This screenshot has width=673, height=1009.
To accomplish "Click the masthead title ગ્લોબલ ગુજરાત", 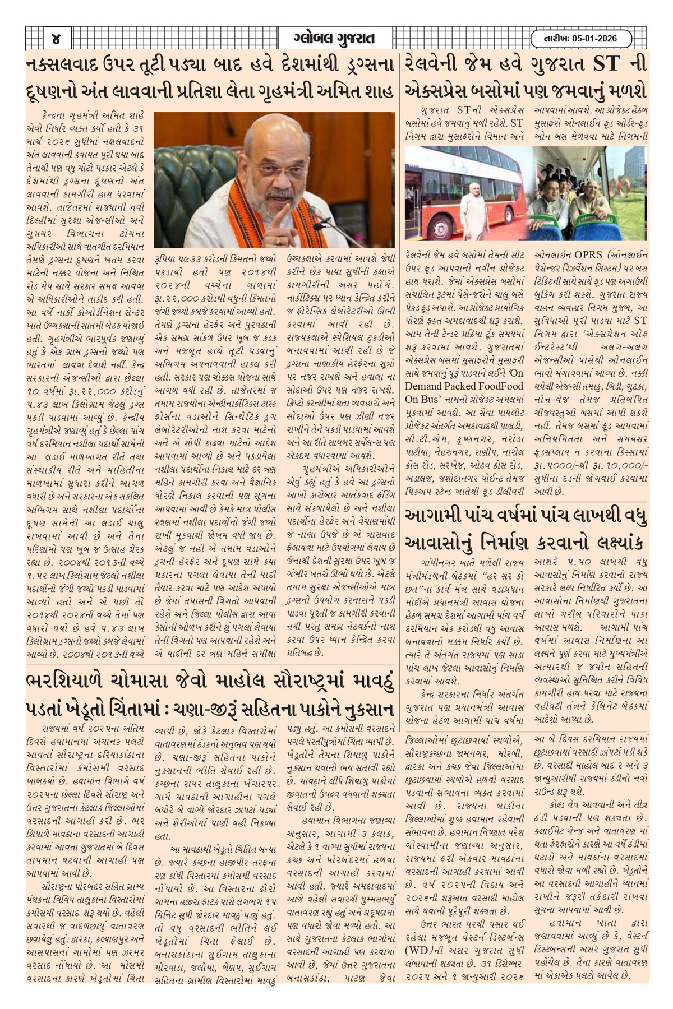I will click(334, 39).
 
